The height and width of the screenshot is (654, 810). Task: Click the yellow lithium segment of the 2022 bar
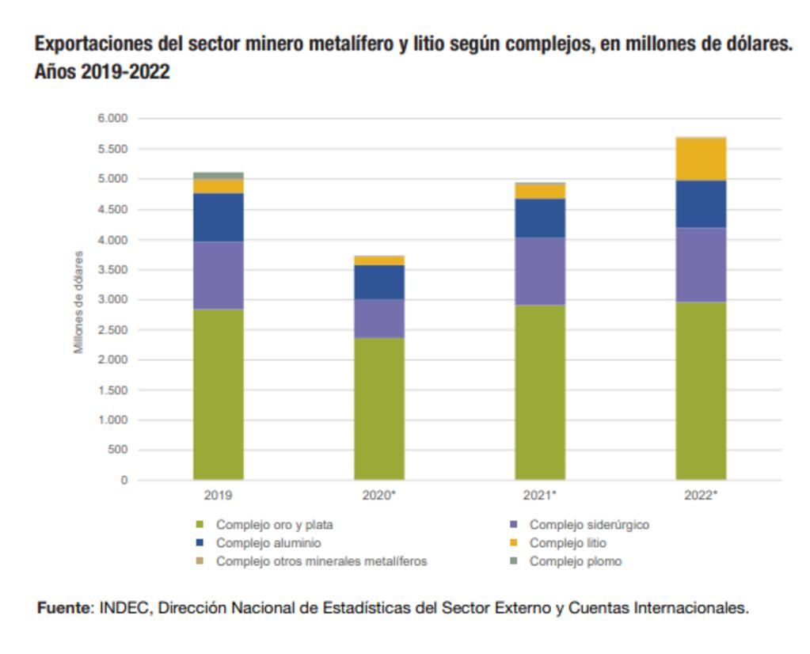[701, 159]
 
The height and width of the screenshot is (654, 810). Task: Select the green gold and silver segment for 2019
[219, 394]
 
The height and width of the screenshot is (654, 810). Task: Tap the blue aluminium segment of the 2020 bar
[379, 282]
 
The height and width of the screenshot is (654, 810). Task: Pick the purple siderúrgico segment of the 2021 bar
[540, 271]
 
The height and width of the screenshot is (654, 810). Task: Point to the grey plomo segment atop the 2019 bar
[219, 175]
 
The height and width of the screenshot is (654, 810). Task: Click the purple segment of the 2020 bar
[379, 318]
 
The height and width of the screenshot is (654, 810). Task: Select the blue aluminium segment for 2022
[701, 204]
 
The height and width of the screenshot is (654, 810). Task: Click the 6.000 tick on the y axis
[112, 119]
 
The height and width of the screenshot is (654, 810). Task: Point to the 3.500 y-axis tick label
[112, 270]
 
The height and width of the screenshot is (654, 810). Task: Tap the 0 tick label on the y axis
[124, 481]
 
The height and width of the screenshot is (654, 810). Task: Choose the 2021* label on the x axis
[540, 496]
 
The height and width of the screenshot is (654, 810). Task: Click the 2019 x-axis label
[218, 496]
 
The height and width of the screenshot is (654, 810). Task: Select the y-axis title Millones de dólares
[78, 302]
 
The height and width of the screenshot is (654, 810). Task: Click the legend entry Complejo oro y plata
[274, 525]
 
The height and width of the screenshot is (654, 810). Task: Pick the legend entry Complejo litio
[568, 543]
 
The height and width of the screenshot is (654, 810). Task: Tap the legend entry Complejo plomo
[575, 561]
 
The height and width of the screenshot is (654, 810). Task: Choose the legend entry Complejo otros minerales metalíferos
[321, 561]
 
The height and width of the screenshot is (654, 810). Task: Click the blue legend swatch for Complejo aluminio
[200, 543]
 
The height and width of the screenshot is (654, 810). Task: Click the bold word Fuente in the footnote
[65, 608]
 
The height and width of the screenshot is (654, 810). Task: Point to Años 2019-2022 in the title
[102, 72]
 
